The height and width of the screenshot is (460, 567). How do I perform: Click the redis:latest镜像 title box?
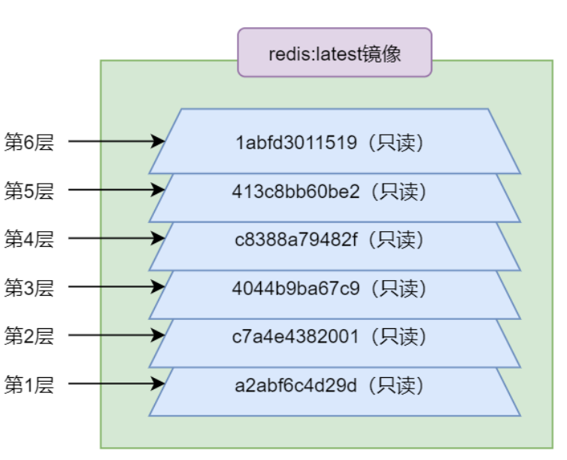tap(335, 53)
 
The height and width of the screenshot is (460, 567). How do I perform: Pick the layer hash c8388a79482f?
tap(299, 240)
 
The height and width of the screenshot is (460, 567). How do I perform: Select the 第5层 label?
tap(29, 190)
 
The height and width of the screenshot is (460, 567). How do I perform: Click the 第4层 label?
tap(29, 239)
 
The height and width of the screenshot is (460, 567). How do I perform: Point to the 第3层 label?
tap(29, 288)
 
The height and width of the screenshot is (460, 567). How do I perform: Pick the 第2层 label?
tap(29, 336)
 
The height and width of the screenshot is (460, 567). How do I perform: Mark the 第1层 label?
tap(29, 385)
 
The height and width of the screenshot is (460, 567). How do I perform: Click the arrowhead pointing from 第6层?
tap(159, 141)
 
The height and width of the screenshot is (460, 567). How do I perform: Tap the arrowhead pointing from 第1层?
tap(159, 384)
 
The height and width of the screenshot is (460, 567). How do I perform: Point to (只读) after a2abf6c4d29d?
tap(395, 385)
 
